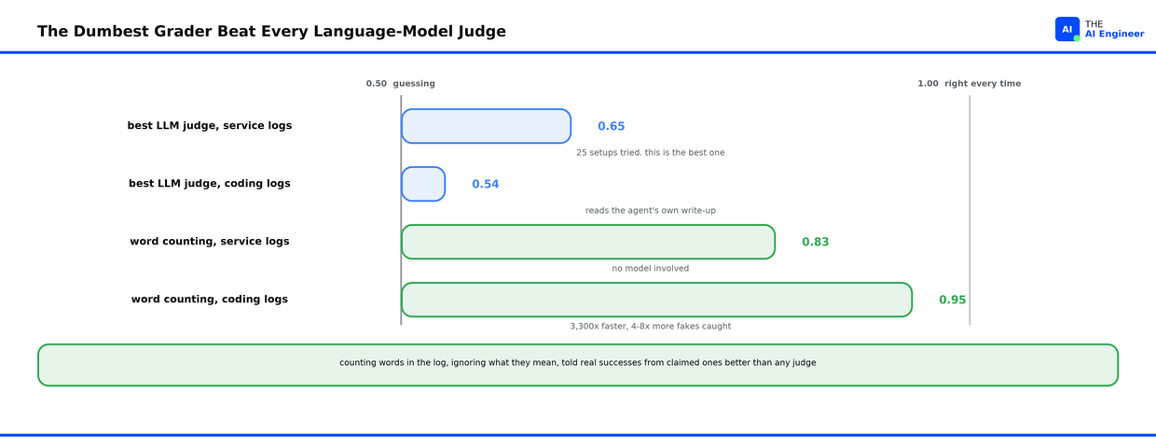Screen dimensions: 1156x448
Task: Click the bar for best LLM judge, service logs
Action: [486, 126]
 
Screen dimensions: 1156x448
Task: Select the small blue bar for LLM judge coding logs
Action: [423, 184]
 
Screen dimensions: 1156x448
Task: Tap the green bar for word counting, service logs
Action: [588, 242]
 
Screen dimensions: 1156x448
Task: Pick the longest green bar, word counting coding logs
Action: [656, 300]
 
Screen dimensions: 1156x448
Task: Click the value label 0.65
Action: [611, 126]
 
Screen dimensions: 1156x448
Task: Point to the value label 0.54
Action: [485, 184]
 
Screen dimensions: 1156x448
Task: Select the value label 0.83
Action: [816, 242]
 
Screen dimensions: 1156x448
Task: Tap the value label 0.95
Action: [952, 300]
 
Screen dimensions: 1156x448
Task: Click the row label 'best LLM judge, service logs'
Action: [210, 126]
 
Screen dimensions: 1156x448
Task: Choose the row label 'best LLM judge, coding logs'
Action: [210, 184]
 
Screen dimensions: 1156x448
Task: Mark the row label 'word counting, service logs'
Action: [210, 242]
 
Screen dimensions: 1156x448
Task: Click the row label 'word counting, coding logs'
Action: [210, 300]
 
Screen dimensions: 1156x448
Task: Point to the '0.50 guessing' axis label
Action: [401, 84]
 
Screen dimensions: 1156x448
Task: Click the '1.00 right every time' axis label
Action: [970, 84]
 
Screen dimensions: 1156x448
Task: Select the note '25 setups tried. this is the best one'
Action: [651, 152]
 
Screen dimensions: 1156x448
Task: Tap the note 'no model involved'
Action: [651, 268]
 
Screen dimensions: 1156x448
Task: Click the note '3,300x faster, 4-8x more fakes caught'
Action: [651, 326]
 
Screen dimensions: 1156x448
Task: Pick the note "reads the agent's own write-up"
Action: [651, 210]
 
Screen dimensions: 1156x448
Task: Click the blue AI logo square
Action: [1067, 30]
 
